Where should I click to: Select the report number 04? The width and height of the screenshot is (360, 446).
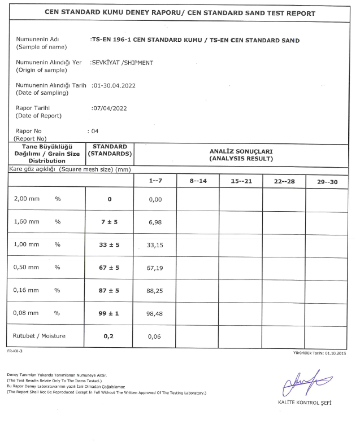pyautogui.click(x=94, y=130)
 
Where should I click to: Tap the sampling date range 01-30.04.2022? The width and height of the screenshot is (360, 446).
pyautogui.click(x=114, y=85)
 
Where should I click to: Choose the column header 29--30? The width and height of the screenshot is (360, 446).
pyautogui.click(x=327, y=181)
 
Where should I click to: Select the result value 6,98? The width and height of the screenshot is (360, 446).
pyautogui.click(x=155, y=222)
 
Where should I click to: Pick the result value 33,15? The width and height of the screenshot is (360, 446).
pyautogui.click(x=155, y=245)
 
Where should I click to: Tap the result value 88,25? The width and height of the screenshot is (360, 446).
pyautogui.click(x=155, y=290)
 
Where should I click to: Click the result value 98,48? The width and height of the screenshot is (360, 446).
pyautogui.click(x=155, y=313)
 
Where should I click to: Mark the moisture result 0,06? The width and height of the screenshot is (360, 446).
pyautogui.click(x=155, y=336)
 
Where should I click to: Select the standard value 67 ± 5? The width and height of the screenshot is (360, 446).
pyautogui.click(x=110, y=268)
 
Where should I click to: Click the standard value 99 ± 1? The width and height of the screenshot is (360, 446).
pyautogui.click(x=110, y=313)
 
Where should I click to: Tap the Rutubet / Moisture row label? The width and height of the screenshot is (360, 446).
pyautogui.click(x=39, y=336)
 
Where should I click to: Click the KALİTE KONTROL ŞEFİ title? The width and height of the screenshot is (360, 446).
pyautogui.click(x=305, y=403)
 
